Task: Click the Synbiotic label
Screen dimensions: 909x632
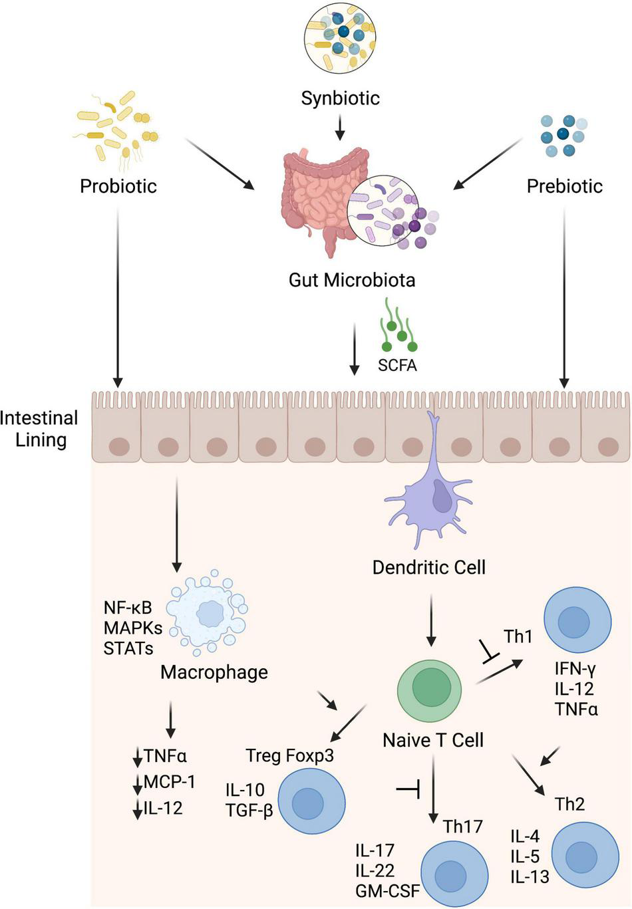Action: pyautogui.click(x=340, y=98)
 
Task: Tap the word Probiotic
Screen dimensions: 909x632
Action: pyautogui.click(x=118, y=186)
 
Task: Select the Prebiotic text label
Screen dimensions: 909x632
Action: pyautogui.click(x=564, y=186)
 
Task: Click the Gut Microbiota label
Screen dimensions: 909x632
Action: pyautogui.click(x=351, y=280)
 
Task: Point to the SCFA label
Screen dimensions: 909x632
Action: pyautogui.click(x=397, y=365)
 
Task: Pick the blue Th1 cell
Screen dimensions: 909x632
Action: pyautogui.click(x=577, y=622)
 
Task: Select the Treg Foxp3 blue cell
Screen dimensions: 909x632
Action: pyautogui.click(x=311, y=802)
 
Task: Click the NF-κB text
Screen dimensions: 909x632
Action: pyautogui.click(x=128, y=607)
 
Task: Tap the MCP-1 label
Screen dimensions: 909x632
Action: pyautogui.click(x=170, y=782)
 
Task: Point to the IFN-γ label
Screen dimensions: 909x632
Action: pyautogui.click(x=575, y=669)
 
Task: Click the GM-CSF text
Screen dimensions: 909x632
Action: pyautogui.click(x=387, y=891)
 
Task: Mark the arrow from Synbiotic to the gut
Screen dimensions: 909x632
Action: pyautogui.click(x=340, y=128)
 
